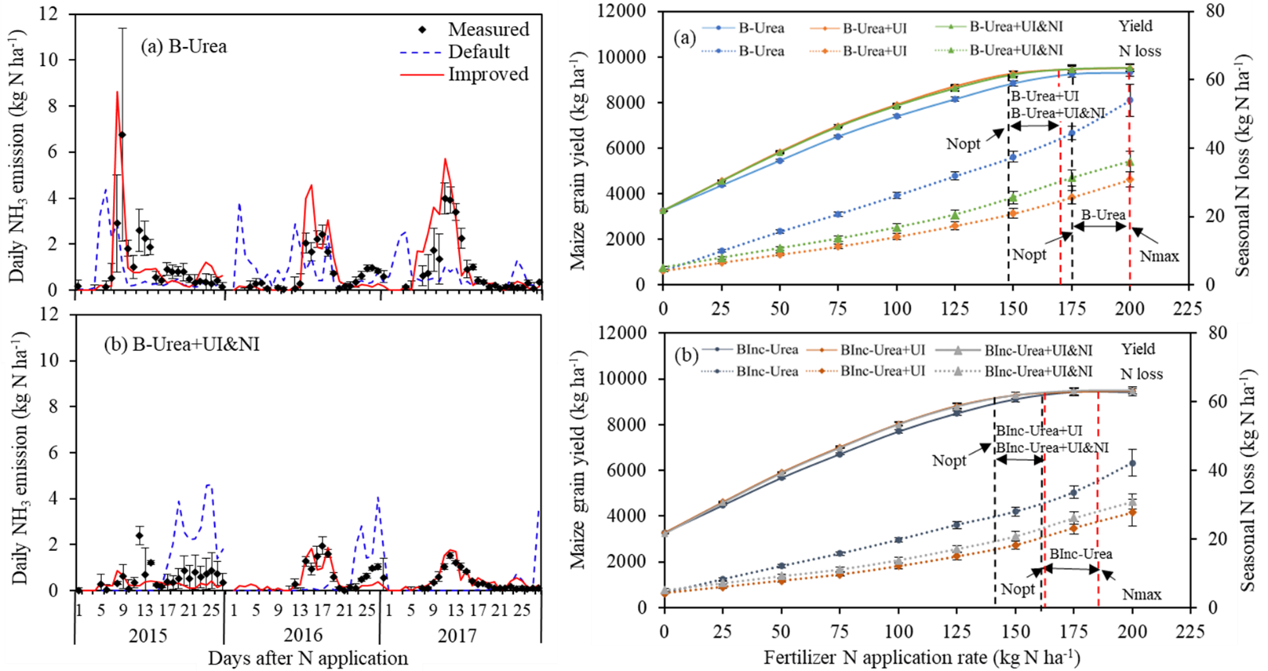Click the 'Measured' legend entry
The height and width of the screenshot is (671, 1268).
pos(488,29)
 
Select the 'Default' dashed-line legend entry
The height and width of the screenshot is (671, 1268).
pos(479,52)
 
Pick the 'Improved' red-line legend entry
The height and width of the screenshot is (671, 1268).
pos(488,74)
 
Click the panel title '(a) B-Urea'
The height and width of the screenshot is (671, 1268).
pos(184,46)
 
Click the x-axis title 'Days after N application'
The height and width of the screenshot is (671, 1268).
pos(308,658)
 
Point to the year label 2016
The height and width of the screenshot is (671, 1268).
pos(303,634)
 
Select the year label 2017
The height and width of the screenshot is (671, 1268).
pos(457,634)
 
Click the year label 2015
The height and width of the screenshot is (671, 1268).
pos(148,634)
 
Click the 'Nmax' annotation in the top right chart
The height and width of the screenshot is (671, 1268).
pos(1159,256)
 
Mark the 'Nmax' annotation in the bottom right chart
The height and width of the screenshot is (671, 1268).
pos(1142,595)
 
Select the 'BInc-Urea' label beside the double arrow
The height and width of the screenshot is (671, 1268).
pos(1081,554)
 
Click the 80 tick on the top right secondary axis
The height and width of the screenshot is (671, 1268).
pos(1212,11)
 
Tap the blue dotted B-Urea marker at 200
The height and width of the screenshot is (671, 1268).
pos(1130,100)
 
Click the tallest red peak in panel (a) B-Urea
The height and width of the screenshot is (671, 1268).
pos(118,92)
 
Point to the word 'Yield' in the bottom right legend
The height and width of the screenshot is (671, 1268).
pos(1138,349)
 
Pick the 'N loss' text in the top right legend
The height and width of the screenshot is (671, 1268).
pos(1141,51)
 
